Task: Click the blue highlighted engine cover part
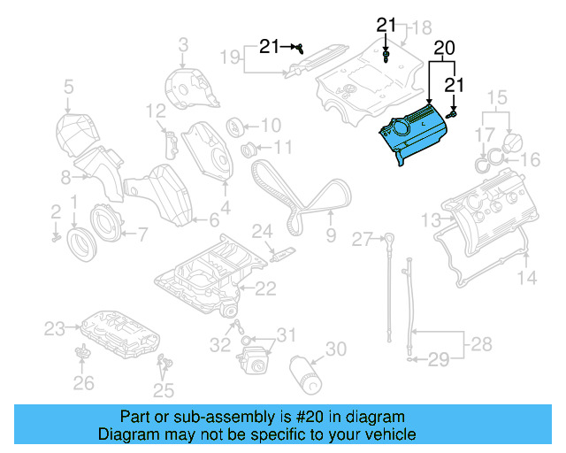pos(416,133)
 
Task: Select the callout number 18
pos(421,27)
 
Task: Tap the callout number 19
pos(229,58)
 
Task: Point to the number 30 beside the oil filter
pos(336,349)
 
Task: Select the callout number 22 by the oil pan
pos(265,288)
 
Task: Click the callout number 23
pos(55,329)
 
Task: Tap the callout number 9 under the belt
pos(331,235)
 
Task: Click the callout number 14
pos(526,279)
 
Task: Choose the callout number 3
pos(183,43)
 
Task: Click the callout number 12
pos(156,111)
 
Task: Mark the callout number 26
pos(82,383)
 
